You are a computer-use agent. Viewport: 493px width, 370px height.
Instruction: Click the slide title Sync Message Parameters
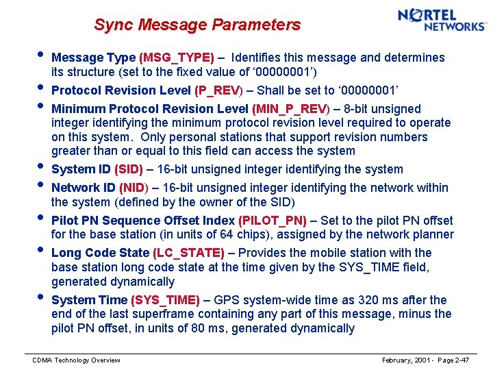(x=197, y=25)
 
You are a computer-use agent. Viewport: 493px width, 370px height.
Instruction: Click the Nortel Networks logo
(x=442, y=20)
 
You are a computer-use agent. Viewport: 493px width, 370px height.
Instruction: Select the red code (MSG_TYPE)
(x=177, y=58)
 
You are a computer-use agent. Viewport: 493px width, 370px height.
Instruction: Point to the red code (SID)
(x=129, y=169)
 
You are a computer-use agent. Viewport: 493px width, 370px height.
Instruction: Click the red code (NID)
(x=133, y=188)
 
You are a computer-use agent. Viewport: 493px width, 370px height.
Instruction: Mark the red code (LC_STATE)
(x=189, y=253)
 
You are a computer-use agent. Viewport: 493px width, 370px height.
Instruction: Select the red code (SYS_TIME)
(x=165, y=300)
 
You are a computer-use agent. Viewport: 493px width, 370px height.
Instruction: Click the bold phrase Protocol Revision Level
(x=121, y=90)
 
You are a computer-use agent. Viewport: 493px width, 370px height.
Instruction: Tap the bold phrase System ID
(x=81, y=169)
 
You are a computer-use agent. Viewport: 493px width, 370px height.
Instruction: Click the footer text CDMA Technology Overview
(x=77, y=360)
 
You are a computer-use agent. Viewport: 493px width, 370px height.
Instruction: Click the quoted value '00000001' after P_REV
(x=359, y=90)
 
